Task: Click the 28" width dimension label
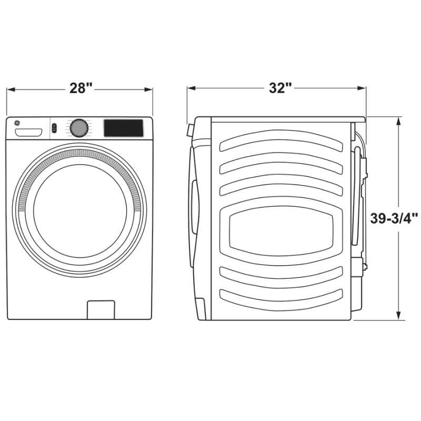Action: (81, 88)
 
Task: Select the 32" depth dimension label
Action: (280, 88)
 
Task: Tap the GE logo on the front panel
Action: (17, 123)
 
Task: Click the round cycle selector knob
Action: (79, 128)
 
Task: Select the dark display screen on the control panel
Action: (123, 128)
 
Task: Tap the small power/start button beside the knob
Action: (54, 128)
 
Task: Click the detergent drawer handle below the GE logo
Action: (29, 132)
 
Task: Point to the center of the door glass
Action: (80, 211)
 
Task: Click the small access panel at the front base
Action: (101, 309)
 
